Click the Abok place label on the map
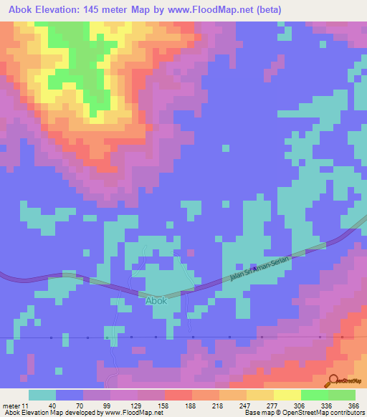[x=156, y=301]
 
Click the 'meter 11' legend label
[x=16, y=406]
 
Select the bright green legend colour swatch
[x=315, y=395]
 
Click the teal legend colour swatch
[x=42, y=395]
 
